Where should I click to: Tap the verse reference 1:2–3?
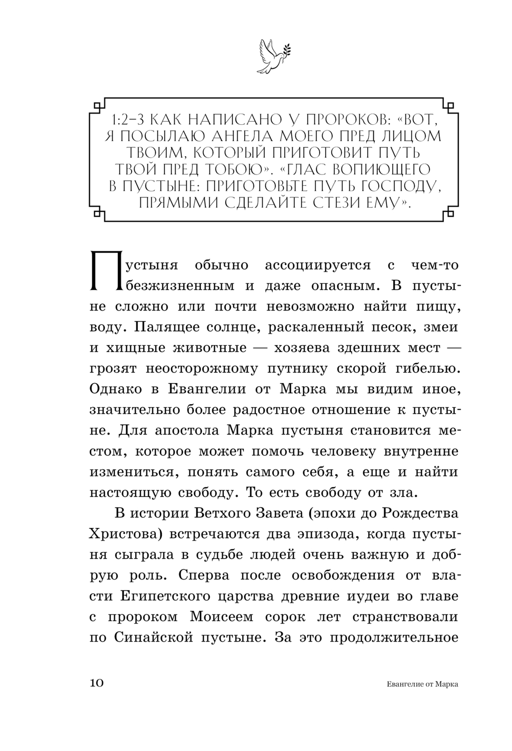(128, 121)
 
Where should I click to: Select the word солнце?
(260, 326)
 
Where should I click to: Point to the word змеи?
(440, 326)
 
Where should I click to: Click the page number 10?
(97, 683)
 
